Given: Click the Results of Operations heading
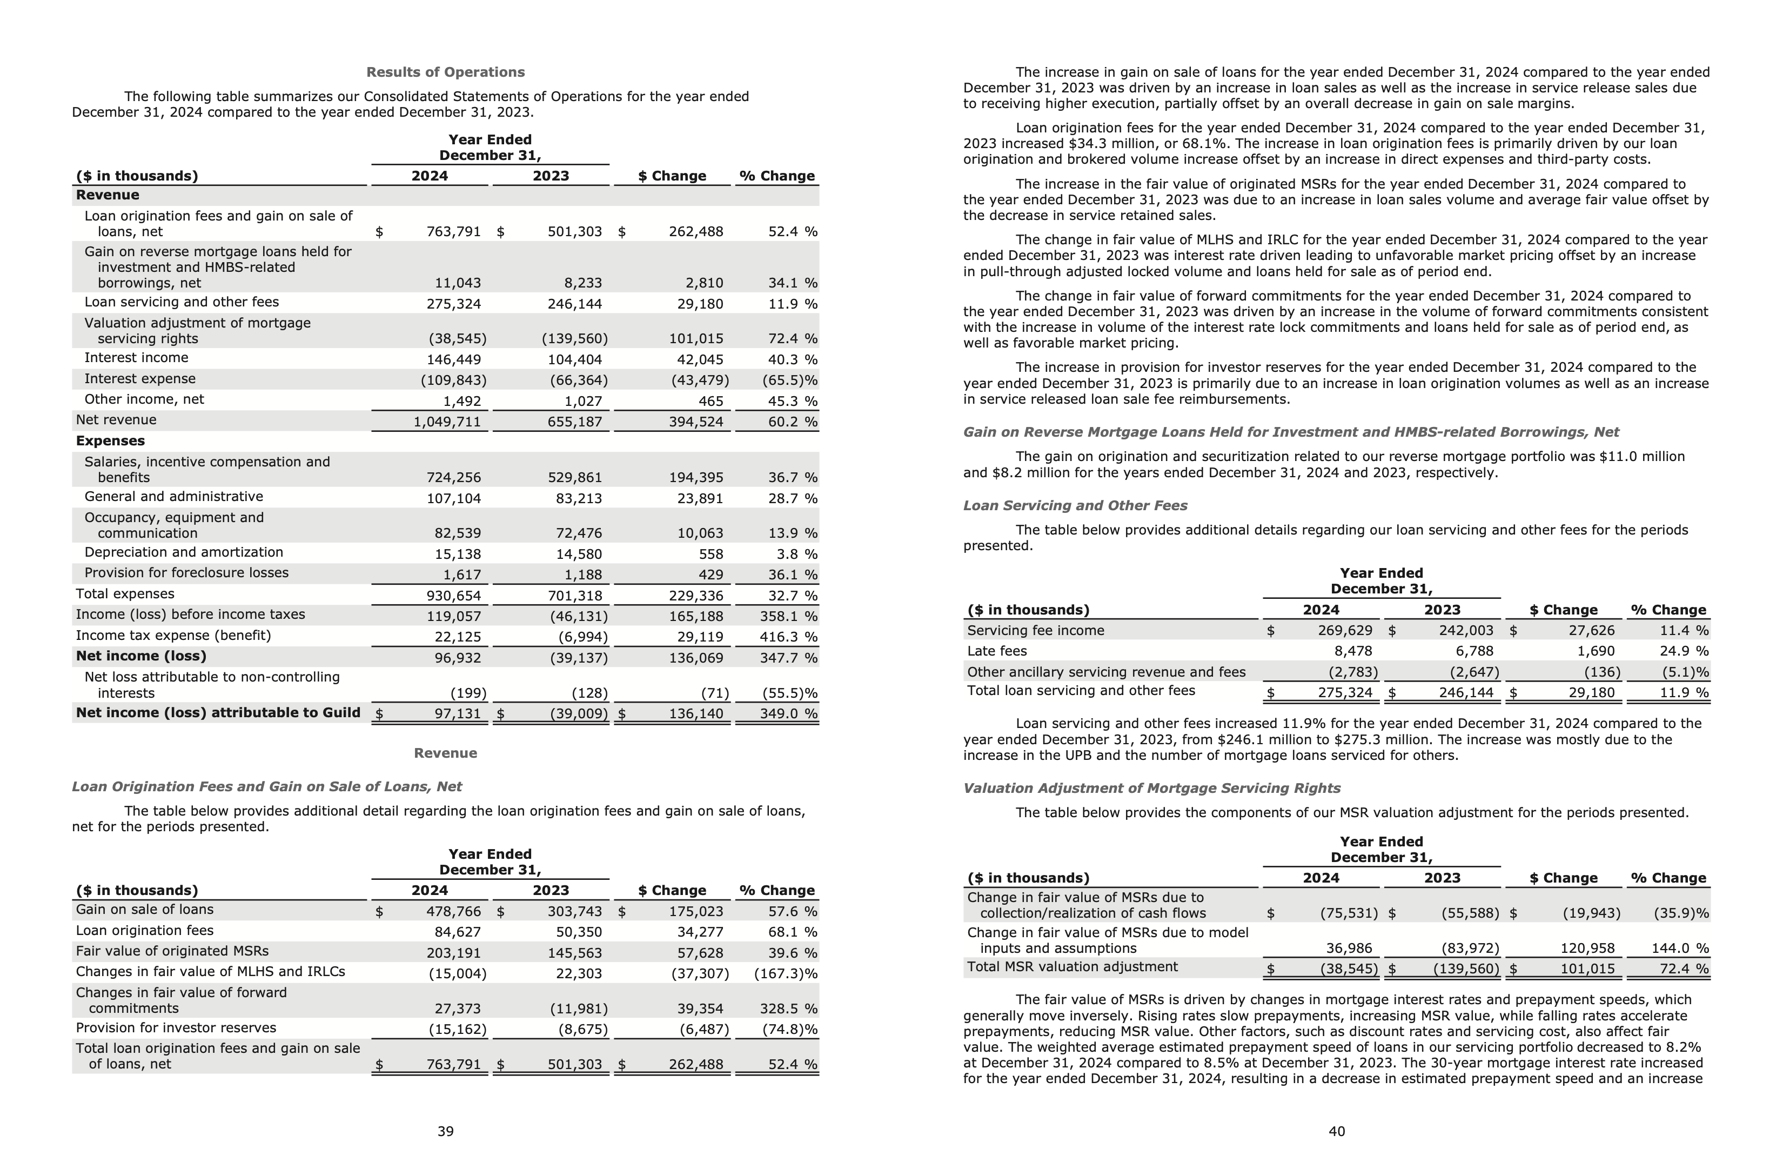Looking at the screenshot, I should (x=445, y=72).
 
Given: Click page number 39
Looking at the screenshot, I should (x=445, y=1131).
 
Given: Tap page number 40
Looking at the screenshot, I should (x=1337, y=1131).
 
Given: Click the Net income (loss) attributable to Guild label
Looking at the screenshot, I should (x=217, y=712).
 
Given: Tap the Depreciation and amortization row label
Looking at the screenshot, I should (x=184, y=552).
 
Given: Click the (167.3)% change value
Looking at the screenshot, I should (x=785, y=973).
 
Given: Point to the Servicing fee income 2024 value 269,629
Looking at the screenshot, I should (x=1345, y=631).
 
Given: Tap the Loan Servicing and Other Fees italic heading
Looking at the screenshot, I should (x=1075, y=506).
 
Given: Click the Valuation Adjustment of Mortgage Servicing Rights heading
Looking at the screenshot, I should (x=1151, y=788).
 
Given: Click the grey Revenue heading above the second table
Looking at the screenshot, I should (x=445, y=753).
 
